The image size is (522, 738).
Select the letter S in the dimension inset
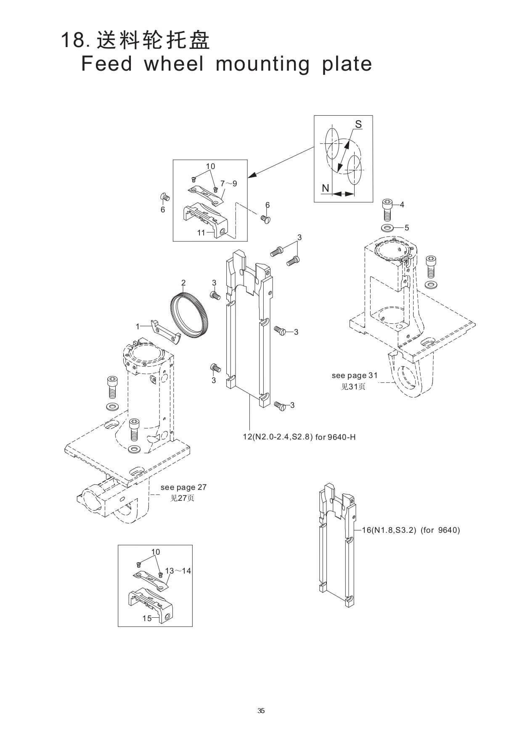358,124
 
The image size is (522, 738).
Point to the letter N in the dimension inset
325,188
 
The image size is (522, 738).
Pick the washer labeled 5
387,228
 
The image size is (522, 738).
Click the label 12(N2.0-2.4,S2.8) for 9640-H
299,437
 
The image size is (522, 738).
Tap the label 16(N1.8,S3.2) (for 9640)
411,530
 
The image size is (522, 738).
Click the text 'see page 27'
183,487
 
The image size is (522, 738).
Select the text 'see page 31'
355,376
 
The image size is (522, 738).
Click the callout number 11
201,233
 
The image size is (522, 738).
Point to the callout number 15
147,618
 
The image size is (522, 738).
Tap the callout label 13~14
178,571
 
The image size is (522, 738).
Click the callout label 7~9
229,183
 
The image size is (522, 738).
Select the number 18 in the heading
72,41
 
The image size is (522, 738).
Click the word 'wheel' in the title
174,63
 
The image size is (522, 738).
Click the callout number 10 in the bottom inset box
156,552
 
